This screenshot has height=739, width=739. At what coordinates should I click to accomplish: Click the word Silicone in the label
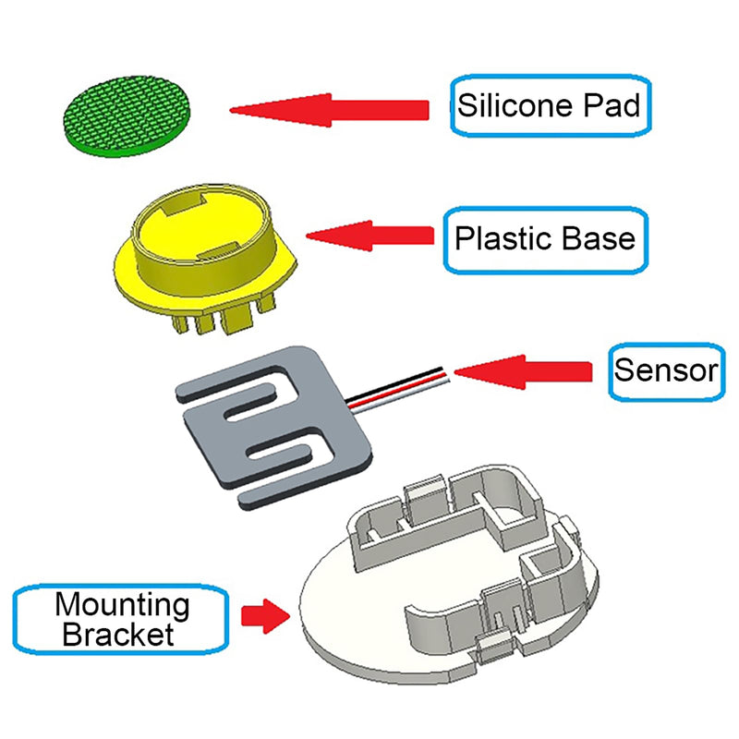click(504, 105)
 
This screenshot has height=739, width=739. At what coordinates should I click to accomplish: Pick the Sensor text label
click(665, 371)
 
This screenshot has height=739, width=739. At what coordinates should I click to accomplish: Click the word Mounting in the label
click(122, 606)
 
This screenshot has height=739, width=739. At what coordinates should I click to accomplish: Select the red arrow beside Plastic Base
click(369, 236)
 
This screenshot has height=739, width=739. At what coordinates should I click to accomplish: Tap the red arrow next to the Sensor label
click(523, 371)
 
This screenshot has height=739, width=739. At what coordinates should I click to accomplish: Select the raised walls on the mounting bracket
click(499, 517)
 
